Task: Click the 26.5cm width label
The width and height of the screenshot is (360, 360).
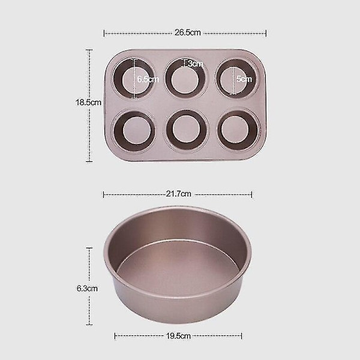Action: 188,32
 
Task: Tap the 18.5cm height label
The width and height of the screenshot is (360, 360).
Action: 88,102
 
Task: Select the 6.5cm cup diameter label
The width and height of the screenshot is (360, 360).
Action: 148,79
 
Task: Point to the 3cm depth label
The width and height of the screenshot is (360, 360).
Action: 196,64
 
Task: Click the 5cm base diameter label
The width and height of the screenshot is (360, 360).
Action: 244,79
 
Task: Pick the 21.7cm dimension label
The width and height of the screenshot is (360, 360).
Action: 178,194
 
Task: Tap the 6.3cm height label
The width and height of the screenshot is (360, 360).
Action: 87,289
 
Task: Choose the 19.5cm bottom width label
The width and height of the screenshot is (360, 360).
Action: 178,336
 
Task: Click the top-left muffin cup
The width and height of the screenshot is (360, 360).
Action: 134,79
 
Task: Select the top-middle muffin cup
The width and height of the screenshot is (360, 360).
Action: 185,78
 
